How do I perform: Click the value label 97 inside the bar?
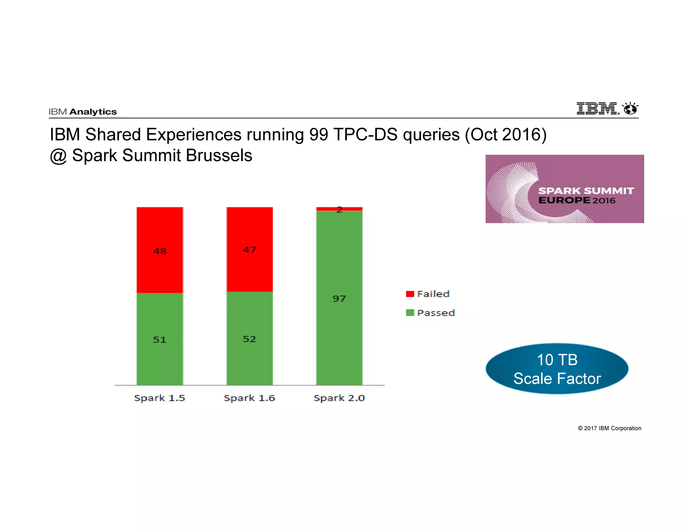click(x=339, y=298)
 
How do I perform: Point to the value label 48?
click(x=160, y=251)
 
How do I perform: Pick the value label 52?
click(x=249, y=339)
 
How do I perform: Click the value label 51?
click(x=160, y=340)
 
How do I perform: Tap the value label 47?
click(x=250, y=250)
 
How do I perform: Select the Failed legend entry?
click(x=428, y=294)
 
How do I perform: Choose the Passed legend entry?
click(x=430, y=313)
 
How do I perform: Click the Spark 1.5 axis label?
click(x=160, y=398)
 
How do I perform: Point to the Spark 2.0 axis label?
click(x=339, y=398)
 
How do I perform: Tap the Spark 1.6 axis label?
click(x=249, y=398)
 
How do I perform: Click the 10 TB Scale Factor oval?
click(x=557, y=369)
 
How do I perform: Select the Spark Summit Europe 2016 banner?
click(x=564, y=189)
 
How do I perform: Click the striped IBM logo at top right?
click(x=597, y=108)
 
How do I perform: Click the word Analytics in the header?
click(x=93, y=112)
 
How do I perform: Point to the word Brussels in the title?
click(x=219, y=155)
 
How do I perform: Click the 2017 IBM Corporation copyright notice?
click(x=609, y=428)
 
